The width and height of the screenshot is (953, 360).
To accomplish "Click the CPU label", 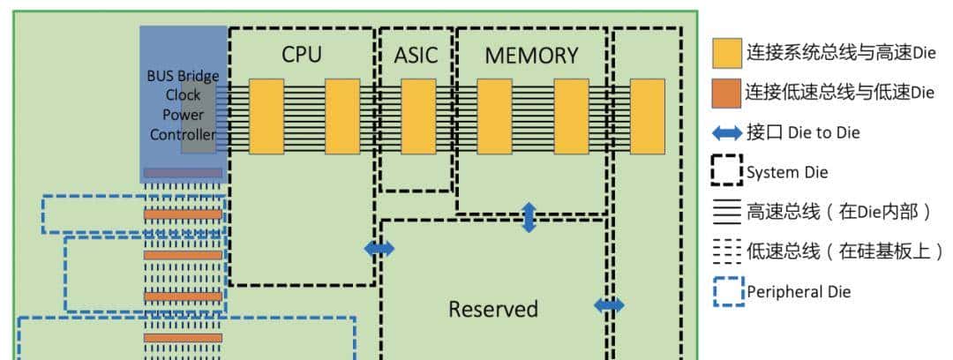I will [x=302, y=55].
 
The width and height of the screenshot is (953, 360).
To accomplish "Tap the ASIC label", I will [x=415, y=55].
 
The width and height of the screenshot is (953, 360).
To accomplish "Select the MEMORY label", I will [x=531, y=56].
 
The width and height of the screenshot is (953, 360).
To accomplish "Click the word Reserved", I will [x=492, y=310].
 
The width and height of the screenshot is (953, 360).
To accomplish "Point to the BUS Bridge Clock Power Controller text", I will [x=183, y=105].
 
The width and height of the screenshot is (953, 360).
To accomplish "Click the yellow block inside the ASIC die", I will [x=418, y=116].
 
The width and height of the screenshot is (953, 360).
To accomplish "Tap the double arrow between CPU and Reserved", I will [x=379, y=249].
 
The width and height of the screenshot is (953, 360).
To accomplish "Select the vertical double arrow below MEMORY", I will [x=529, y=217].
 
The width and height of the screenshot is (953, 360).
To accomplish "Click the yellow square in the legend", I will [x=726, y=54].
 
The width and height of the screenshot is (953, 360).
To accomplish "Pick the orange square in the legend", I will [x=726, y=93].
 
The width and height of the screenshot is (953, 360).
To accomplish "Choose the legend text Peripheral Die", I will [x=799, y=291].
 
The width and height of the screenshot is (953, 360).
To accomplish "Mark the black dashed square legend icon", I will [x=726, y=170].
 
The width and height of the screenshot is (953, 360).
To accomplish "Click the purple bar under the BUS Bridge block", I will [x=183, y=173].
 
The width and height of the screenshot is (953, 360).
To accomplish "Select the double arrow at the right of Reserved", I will [x=609, y=305].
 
